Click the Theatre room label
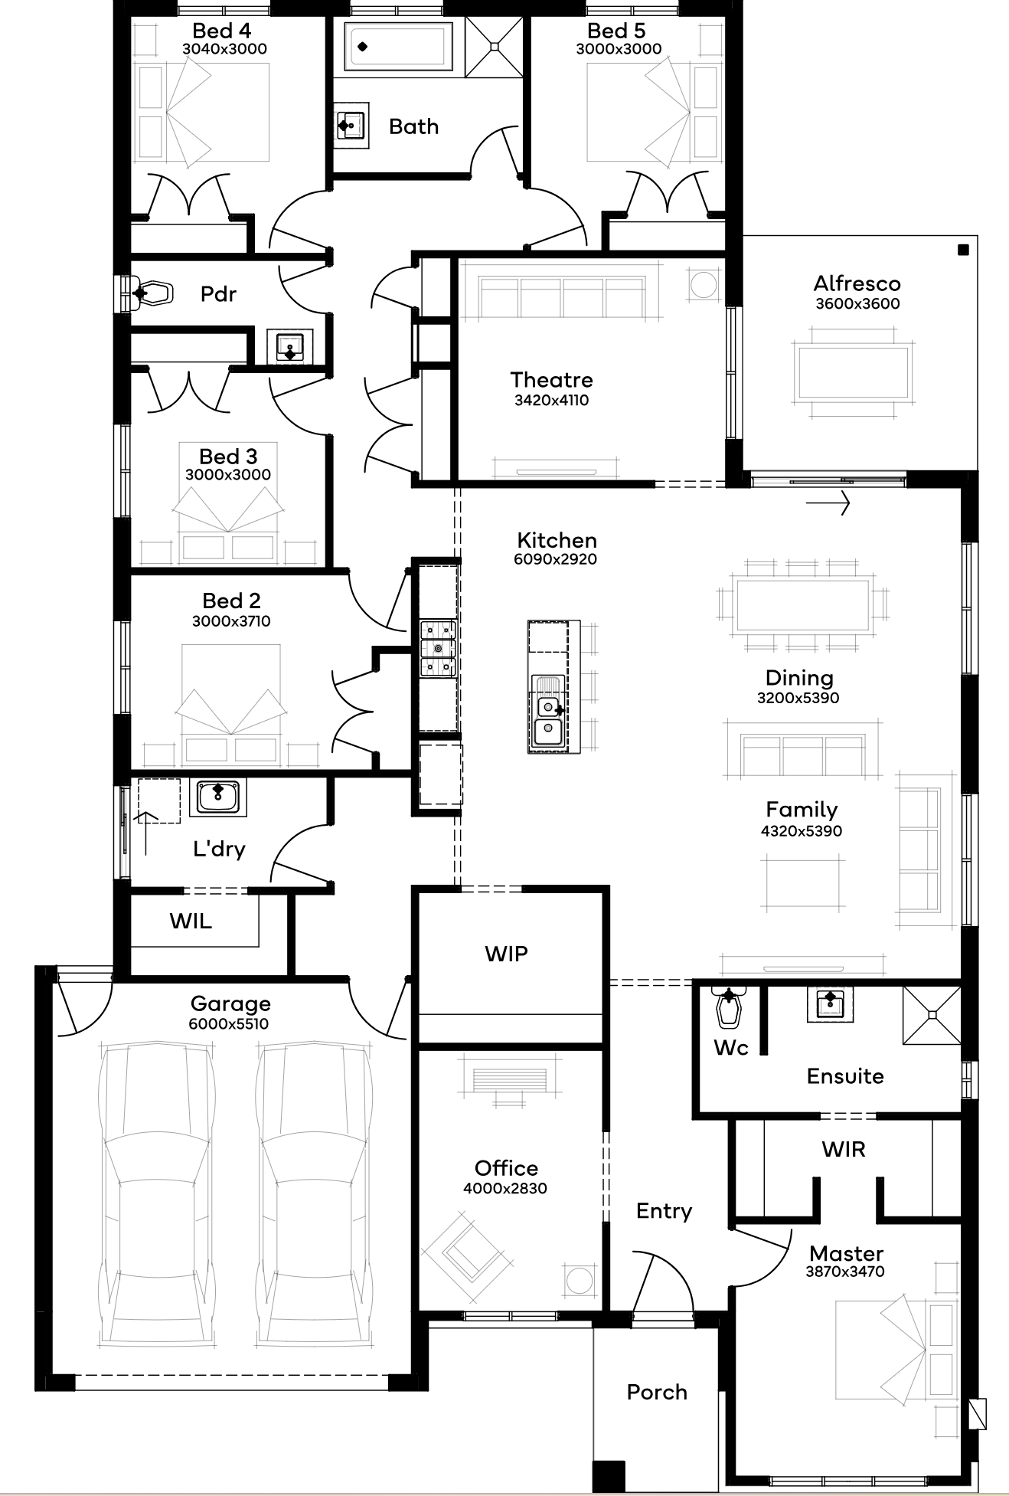(x=551, y=380)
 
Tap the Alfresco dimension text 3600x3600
(x=857, y=303)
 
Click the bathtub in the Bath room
(x=398, y=46)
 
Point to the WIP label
(x=506, y=954)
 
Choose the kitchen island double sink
(x=549, y=719)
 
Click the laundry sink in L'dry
(x=218, y=797)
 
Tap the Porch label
(x=657, y=1392)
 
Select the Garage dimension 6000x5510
(x=229, y=1023)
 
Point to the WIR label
(x=844, y=1149)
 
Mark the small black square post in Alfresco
(x=963, y=249)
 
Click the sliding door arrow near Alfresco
(x=828, y=504)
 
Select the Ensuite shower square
(x=932, y=1015)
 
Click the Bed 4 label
(x=221, y=31)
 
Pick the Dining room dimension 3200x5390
(x=798, y=698)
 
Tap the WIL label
(x=191, y=921)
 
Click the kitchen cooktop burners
(x=438, y=649)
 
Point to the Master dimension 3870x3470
(x=845, y=1272)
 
